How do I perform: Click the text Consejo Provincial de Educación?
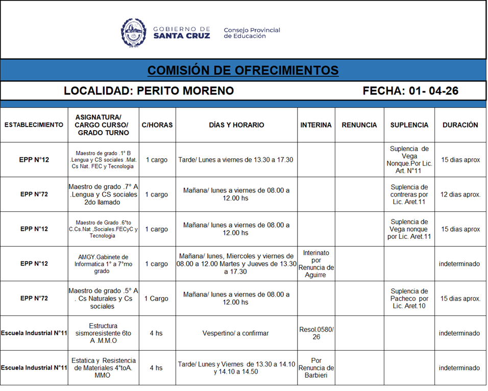(252, 33)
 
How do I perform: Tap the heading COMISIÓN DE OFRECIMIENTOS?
(243, 70)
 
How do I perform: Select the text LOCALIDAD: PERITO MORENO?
(149, 91)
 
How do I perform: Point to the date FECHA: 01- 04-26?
(410, 91)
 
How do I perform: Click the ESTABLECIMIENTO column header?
(34, 125)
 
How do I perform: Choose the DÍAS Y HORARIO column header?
(236, 125)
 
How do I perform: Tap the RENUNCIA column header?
(359, 125)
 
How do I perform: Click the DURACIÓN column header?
(460, 125)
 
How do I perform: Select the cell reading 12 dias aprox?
(460, 194)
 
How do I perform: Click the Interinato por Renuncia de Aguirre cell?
(316, 264)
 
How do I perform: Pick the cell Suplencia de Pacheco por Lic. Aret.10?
(409, 299)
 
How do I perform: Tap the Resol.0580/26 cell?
(316, 333)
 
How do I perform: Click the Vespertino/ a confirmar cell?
(236, 333)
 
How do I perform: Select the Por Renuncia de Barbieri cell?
(316, 368)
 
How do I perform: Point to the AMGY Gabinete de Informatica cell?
(104, 264)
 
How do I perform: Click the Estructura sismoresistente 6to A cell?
(104, 333)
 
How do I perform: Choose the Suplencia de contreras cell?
(409, 194)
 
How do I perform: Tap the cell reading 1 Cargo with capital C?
(156, 299)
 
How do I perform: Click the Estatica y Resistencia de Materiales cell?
(104, 368)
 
